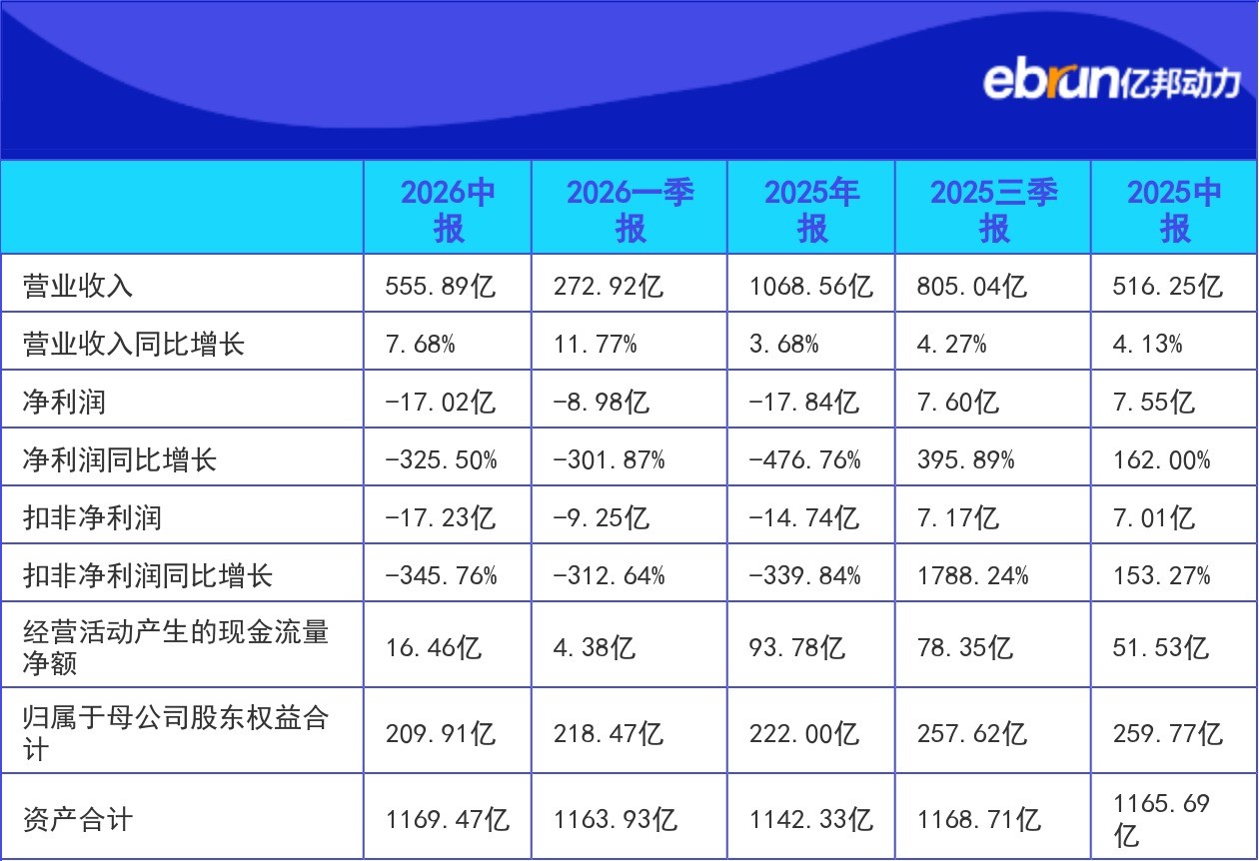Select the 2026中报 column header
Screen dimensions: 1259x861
pos(448,210)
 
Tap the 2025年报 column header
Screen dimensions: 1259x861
pos(811,210)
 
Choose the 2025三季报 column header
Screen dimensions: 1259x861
pos(993,210)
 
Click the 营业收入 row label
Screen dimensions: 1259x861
pos(78,286)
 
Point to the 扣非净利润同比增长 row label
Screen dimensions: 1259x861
pos(147,575)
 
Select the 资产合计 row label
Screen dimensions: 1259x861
pos(78,819)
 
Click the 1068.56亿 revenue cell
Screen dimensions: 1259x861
pos(811,286)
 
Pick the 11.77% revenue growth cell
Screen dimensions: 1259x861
pos(596,344)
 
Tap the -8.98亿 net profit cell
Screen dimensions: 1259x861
pos(601,402)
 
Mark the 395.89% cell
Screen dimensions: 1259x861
pos(965,459)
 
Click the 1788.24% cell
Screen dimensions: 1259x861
pos(972,575)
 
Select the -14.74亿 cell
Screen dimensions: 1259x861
pos(803,517)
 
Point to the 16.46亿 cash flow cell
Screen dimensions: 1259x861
pos(434,647)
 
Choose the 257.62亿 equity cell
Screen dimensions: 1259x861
pos(972,733)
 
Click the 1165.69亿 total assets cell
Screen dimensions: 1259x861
pos(1161,819)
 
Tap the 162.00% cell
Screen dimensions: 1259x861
pos(1161,459)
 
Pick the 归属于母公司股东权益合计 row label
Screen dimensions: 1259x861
pos(176,733)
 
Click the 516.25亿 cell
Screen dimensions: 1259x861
pos(1167,286)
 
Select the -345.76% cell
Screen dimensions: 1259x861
pos(441,575)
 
